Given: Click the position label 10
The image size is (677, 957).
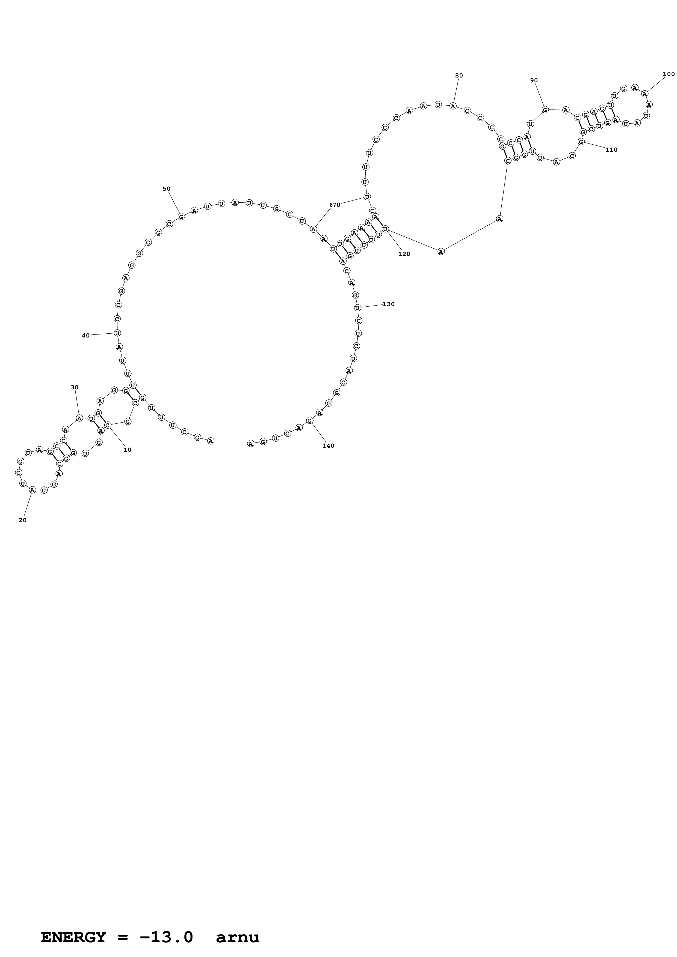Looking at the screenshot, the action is point(127,450).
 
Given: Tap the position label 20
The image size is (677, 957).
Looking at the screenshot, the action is point(22,520).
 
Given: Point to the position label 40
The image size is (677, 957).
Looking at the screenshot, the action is point(85,336).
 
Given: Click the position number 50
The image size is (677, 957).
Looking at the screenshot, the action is point(166,189).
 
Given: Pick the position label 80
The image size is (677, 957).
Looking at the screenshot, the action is point(459,76).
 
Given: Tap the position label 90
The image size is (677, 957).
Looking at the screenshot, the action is point(534,80).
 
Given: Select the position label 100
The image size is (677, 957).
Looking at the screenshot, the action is point(669,74).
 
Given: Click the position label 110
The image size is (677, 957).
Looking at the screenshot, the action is point(611,150).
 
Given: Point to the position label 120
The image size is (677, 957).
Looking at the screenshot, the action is point(404,254).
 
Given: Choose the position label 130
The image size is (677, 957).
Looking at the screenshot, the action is point(389,304).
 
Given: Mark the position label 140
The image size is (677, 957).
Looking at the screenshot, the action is point(328,445).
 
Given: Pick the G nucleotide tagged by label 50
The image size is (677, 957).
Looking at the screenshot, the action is point(181,217).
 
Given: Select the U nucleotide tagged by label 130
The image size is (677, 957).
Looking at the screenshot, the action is point(357,308).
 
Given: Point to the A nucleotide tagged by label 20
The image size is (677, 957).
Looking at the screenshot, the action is point(32,490).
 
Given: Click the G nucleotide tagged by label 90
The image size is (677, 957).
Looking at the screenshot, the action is point(545,110).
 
